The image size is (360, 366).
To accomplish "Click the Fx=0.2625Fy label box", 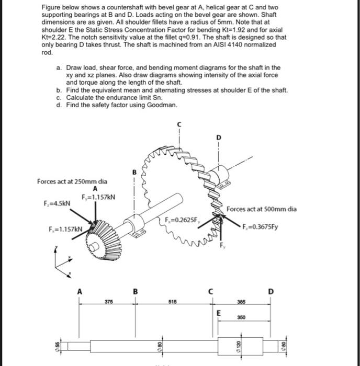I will coord(182,219).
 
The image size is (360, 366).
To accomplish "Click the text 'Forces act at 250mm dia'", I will coord(72,181).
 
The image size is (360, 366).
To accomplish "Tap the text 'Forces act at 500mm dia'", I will coord(262,209).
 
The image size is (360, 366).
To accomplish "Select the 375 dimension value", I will coord(108,301).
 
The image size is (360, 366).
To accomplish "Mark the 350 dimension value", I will coord(241,317).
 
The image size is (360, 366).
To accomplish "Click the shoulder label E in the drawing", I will coord(219,313).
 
